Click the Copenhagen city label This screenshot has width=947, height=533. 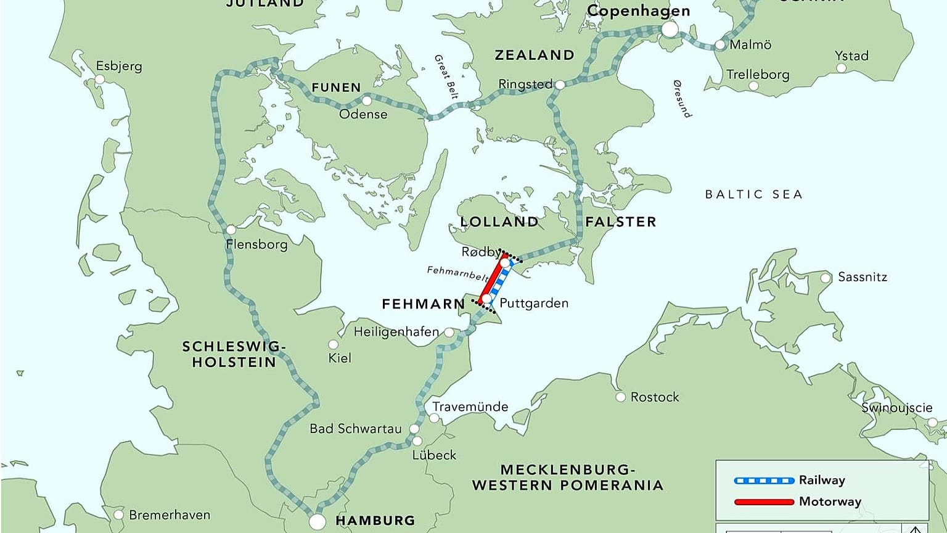638,11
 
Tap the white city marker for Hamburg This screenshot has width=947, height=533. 317,521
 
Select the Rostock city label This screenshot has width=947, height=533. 654,397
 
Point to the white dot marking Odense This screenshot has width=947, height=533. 367,101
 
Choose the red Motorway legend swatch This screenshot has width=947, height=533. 764,502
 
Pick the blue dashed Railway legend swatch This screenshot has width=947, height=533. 764,481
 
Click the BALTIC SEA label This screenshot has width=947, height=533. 753,194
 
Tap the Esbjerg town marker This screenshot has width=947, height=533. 100,80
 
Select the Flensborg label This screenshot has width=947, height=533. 256,244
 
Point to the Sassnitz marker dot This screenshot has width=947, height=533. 826,278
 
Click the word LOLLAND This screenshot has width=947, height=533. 499,221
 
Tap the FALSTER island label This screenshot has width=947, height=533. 620,221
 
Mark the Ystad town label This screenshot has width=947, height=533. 851,56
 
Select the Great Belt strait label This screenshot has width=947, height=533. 446,76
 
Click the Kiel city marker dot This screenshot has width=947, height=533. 334,344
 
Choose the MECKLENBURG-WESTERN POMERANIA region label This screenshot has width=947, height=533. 567,477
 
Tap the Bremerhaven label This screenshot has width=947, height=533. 170,514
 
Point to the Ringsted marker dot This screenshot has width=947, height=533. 560,85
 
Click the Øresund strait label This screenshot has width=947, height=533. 682,99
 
